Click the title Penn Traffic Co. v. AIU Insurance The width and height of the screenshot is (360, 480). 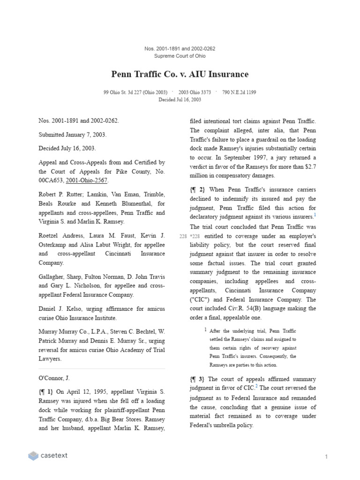tap(180, 74)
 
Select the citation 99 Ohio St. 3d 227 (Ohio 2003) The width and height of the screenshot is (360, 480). tap(135, 92)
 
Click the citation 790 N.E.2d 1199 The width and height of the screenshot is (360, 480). tap(239, 92)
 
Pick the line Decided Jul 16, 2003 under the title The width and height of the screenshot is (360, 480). tap(180, 99)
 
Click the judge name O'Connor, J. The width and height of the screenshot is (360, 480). tap(54, 378)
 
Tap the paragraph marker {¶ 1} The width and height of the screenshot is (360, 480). tap(46, 391)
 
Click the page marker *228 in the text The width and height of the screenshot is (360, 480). tap(195, 236)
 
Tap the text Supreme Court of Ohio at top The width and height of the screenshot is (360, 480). tap(180, 56)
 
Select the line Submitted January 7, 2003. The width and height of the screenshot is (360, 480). tap(73, 135)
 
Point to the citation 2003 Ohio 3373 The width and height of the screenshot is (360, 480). tap(195, 92)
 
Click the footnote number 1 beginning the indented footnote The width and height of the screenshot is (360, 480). tap(205, 330)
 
